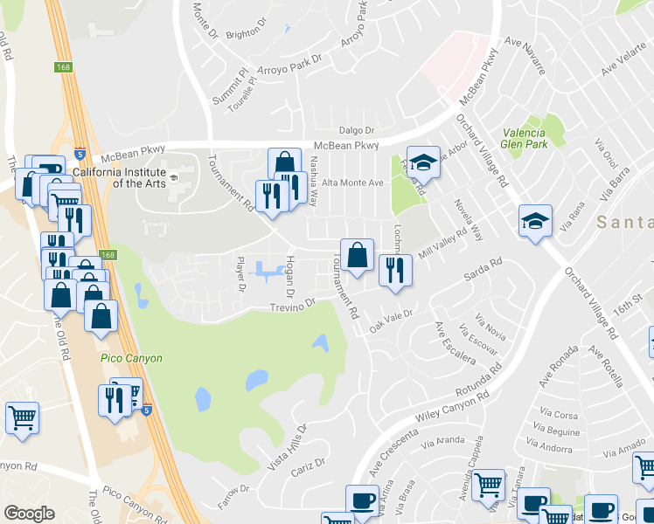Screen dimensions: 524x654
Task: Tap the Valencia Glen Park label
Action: (525, 140)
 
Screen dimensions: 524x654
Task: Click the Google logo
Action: (29, 514)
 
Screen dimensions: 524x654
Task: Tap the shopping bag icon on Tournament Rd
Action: (357, 256)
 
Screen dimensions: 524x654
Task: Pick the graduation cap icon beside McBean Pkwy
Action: (423, 162)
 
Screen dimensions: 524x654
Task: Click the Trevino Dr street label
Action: (291, 305)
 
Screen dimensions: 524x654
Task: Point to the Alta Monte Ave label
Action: (353, 183)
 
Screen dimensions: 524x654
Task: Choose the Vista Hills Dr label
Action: (288, 449)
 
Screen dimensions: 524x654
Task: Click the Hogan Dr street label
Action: (290, 274)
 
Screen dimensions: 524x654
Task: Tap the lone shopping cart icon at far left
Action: (22, 417)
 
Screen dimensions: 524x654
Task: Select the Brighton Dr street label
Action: (243, 33)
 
